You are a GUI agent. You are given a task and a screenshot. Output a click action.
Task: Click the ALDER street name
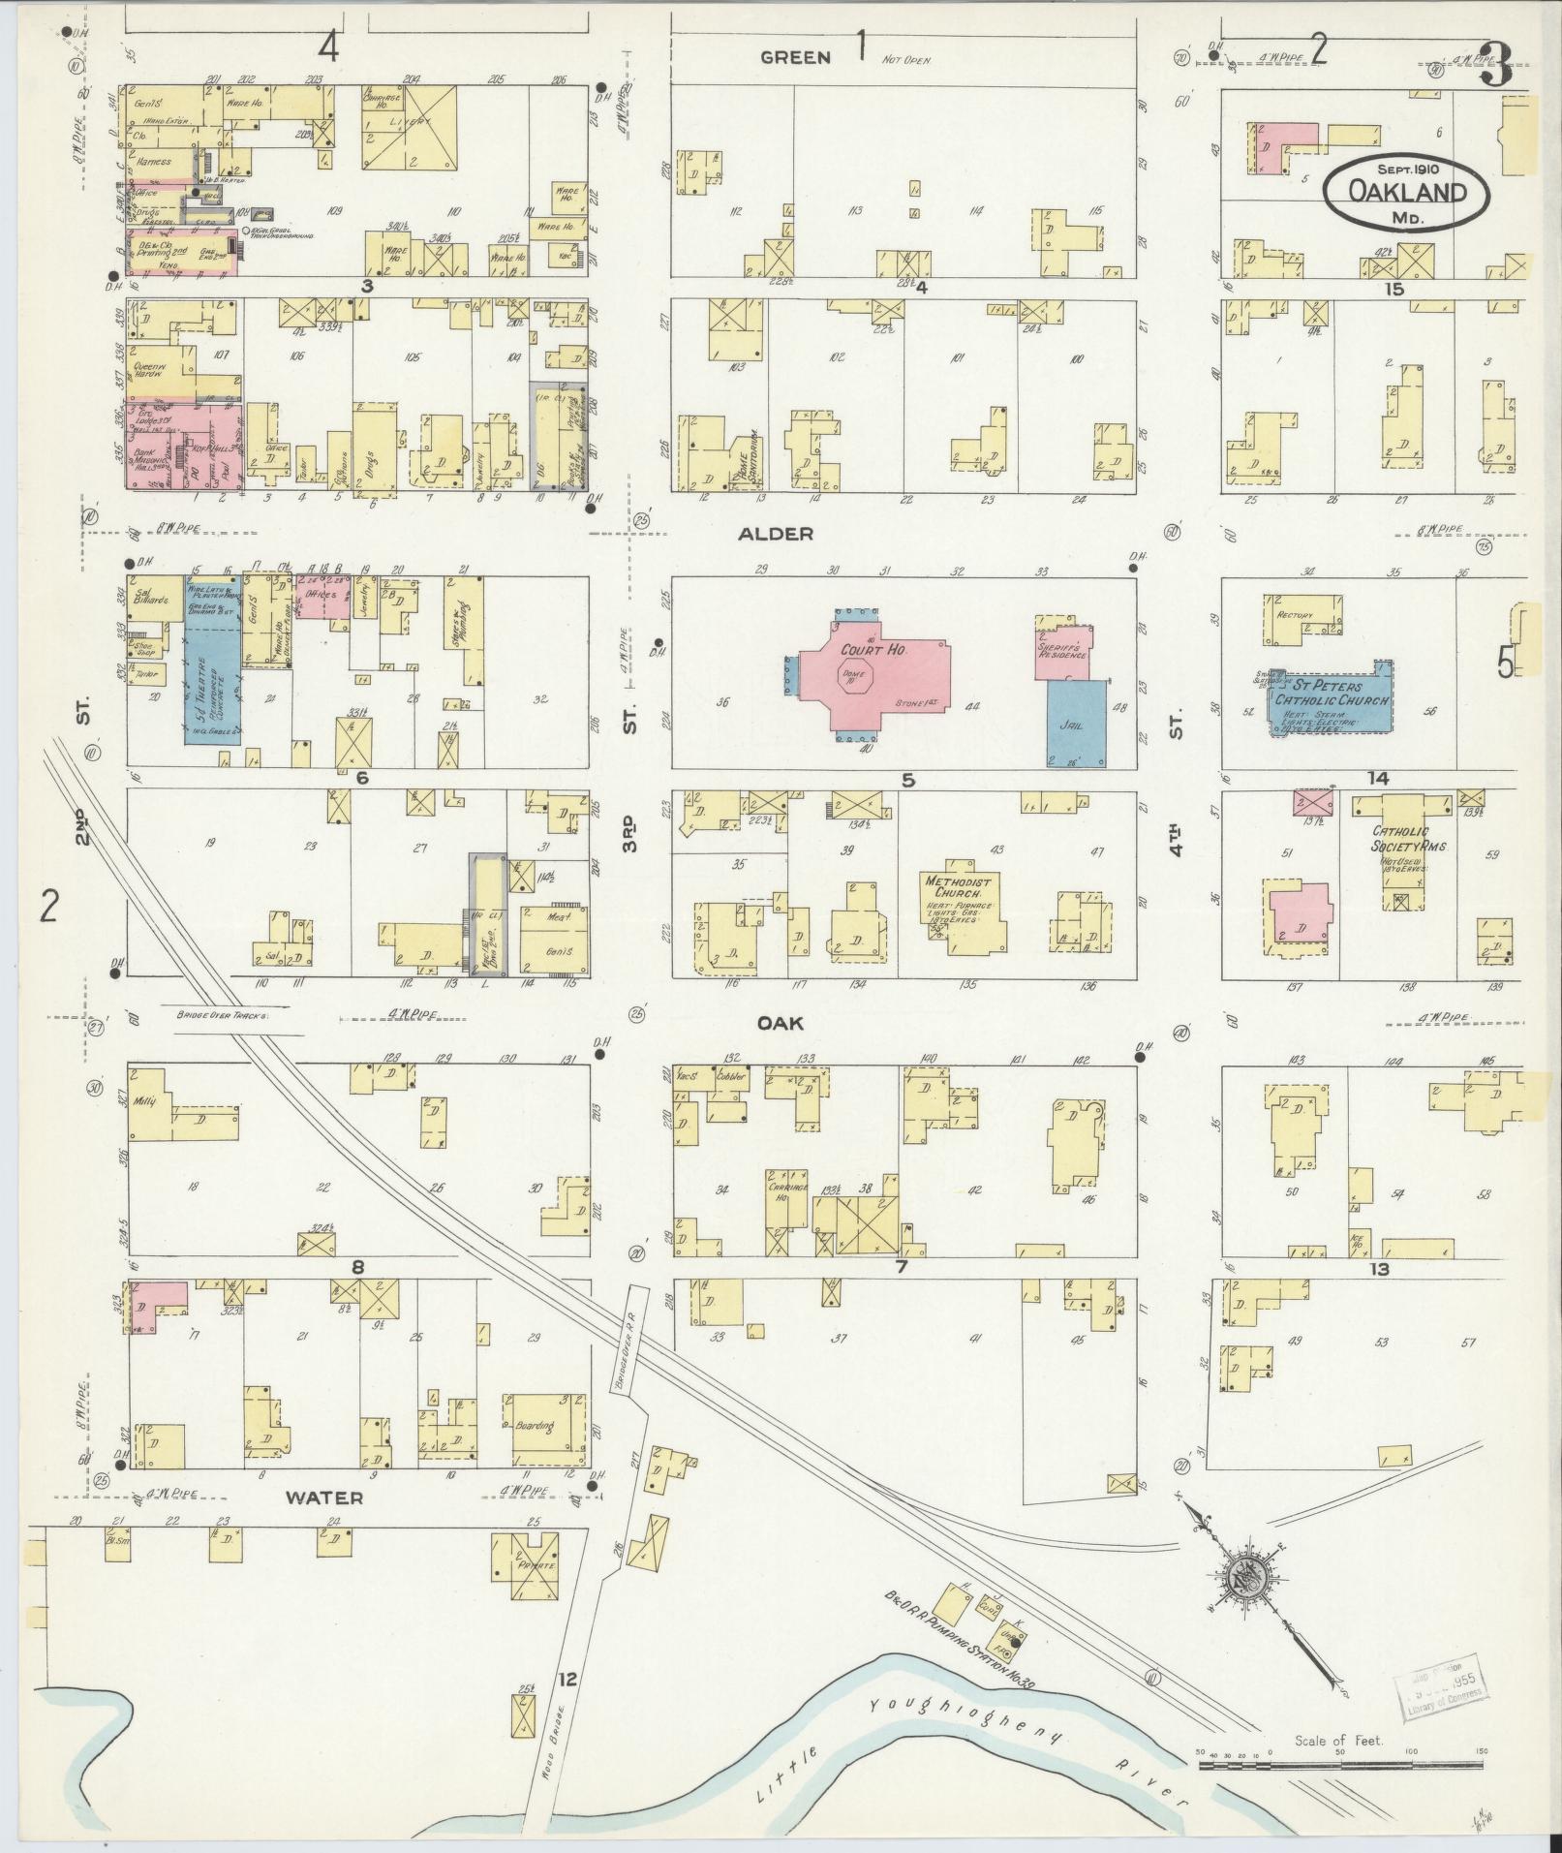[x=788, y=534]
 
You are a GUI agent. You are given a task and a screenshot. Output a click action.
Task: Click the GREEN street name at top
[x=795, y=57]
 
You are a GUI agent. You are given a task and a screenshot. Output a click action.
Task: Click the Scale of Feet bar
[x=1341, y=1766]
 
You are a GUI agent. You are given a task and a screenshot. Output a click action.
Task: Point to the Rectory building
[x=1299, y=619]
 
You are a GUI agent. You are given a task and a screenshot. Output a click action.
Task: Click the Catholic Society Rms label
[x=1408, y=840]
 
